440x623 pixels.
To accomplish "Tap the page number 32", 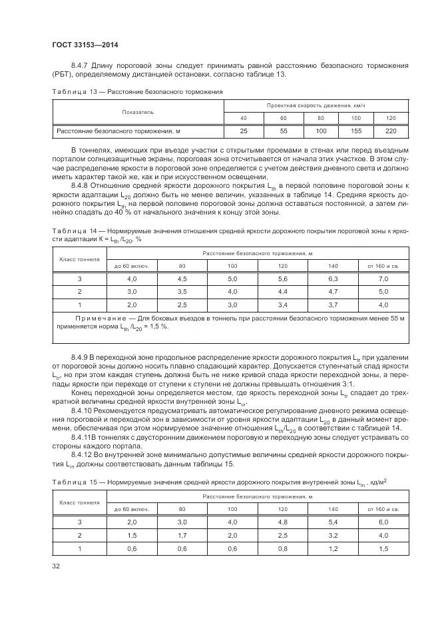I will [56, 568].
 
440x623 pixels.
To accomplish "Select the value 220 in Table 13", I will [391, 131].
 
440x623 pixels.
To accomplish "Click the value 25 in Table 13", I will [244, 131].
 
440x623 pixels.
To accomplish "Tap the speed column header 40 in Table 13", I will [244, 118].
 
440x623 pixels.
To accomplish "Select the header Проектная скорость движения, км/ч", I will [316, 106].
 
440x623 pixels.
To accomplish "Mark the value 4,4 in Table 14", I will [282, 291].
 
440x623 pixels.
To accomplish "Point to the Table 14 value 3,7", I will [333, 305].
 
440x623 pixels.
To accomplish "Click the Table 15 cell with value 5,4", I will [333, 522].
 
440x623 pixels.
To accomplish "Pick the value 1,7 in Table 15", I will [182, 535].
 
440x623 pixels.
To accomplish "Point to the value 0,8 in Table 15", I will [282, 548].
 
